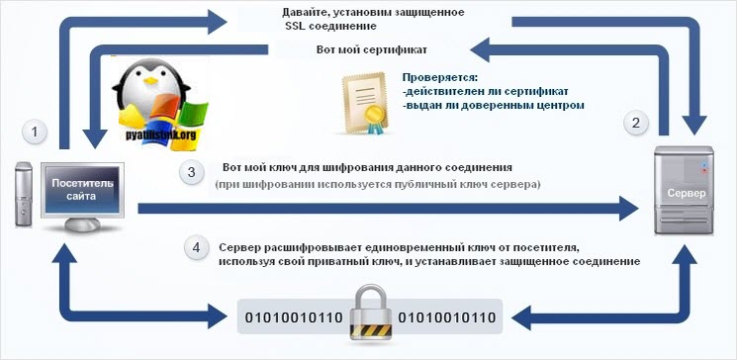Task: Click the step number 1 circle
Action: tap(36, 132)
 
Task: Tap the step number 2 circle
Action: tap(639, 124)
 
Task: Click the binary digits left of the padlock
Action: tap(288, 317)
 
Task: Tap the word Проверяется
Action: tap(440, 76)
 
